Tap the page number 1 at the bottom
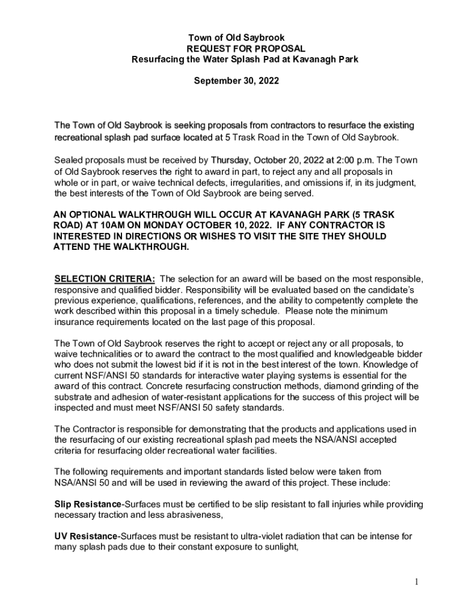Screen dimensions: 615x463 click(415, 581)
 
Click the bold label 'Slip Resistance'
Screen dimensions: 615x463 click(82, 504)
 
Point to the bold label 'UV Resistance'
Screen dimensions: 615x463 click(81, 536)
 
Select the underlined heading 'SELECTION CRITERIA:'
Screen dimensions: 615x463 click(105, 279)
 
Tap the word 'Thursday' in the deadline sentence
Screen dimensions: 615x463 click(233, 161)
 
